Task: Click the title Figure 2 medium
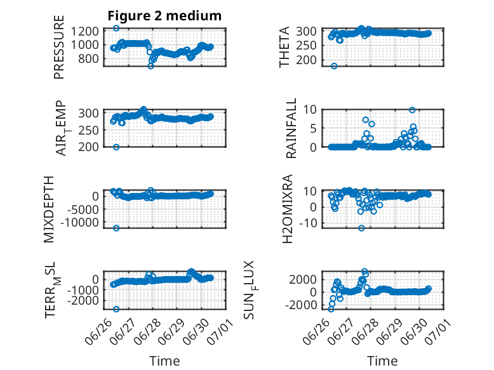[x=164, y=16]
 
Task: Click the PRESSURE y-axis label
[x=59, y=47]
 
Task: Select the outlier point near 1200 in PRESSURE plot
[x=116, y=29]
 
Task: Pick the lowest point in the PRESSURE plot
[x=150, y=66]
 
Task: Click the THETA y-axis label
[x=284, y=47]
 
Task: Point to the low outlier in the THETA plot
[x=334, y=66]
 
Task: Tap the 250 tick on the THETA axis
[x=306, y=46]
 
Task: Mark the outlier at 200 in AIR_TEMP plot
[x=116, y=147]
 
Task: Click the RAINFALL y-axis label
[x=291, y=128]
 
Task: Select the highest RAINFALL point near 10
[x=412, y=110]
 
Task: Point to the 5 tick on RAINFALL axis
[x=313, y=128]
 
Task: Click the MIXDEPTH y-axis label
[x=49, y=209]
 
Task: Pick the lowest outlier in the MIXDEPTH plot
[x=116, y=228]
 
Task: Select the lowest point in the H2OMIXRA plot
[x=361, y=228]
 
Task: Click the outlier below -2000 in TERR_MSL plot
[x=116, y=309]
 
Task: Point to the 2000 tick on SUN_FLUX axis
[x=303, y=279]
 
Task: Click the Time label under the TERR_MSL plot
[x=164, y=360]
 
